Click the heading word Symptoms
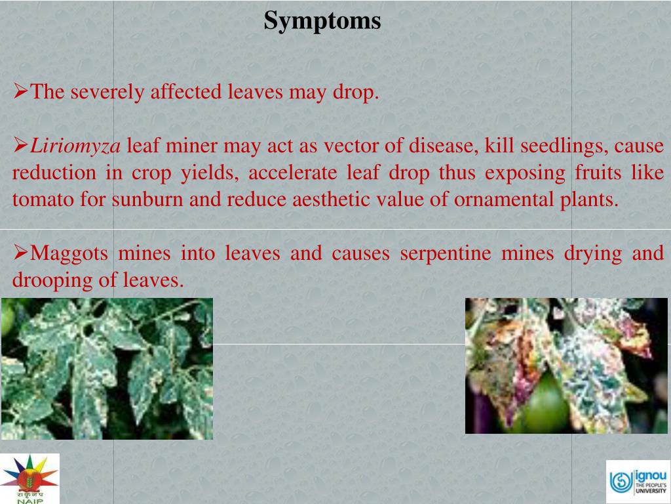coord(322,21)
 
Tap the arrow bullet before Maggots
coord(20,251)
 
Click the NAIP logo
coord(30,478)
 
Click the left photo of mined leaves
coord(107,368)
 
